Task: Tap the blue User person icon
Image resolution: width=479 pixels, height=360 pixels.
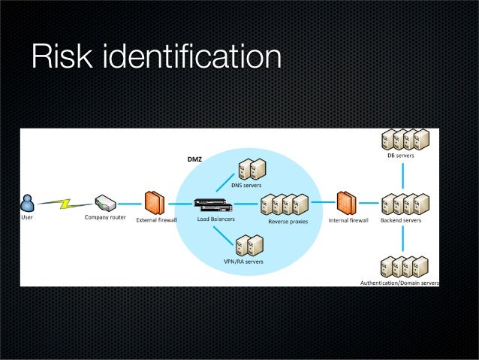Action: [28, 203]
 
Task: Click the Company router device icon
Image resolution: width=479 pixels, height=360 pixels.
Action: [104, 204]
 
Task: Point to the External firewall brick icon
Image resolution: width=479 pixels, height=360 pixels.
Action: [155, 203]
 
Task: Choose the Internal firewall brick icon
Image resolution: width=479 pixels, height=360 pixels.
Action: [346, 203]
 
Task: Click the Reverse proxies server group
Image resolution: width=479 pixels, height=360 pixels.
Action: [285, 204]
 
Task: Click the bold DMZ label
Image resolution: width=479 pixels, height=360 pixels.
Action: [194, 159]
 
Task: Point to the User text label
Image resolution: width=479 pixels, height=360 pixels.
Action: [26, 219]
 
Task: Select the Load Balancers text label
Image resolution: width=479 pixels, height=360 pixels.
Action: [215, 220]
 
